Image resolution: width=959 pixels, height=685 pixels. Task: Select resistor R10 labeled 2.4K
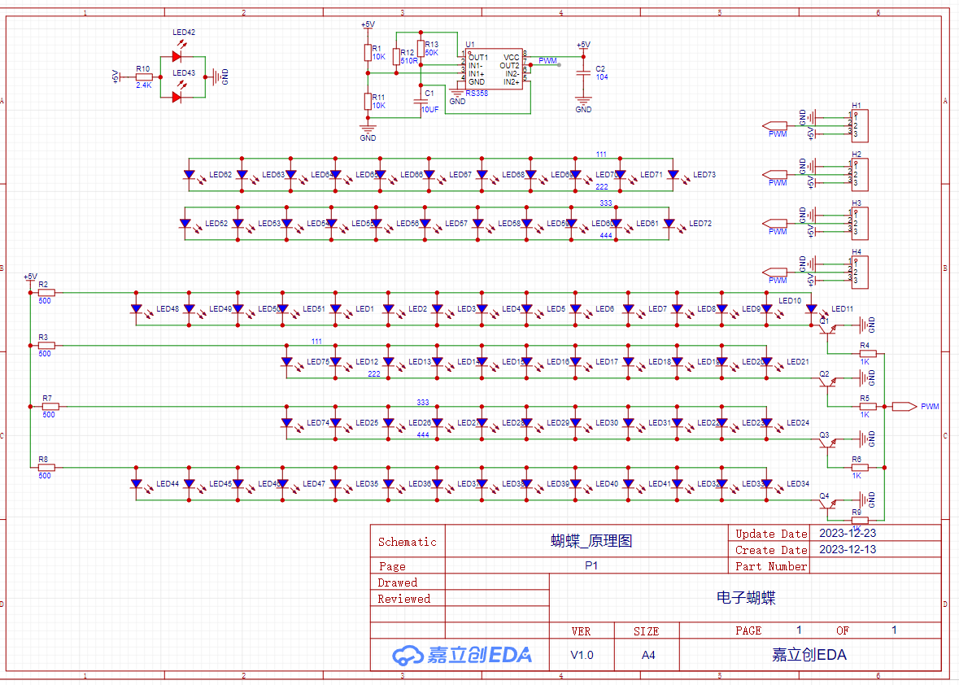[x=144, y=76]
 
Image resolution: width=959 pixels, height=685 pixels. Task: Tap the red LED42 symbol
[x=177, y=57]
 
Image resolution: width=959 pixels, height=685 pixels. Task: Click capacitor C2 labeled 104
[x=582, y=73]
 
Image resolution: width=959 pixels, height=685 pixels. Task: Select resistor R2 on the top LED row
[x=46, y=292]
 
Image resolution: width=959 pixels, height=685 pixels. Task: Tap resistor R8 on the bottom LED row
[x=46, y=468]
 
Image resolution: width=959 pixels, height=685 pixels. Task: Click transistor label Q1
[x=824, y=321]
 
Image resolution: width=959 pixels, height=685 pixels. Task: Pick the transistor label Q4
[x=824, y=495]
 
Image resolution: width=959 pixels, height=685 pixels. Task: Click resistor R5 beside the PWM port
[x=868, y=406]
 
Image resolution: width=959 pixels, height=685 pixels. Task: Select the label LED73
[x=704, y=175]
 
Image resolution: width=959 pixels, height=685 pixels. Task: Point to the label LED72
[x=700, y=224]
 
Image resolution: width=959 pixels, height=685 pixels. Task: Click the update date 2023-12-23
[x=848, y=534]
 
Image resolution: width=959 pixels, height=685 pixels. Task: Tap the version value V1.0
[x=582, y=655]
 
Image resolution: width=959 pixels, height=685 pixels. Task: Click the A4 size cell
[x=647, y=655]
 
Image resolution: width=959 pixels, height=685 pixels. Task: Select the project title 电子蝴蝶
[x=746, y=598]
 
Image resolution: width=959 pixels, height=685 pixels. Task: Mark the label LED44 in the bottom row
[x=168, y=484]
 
